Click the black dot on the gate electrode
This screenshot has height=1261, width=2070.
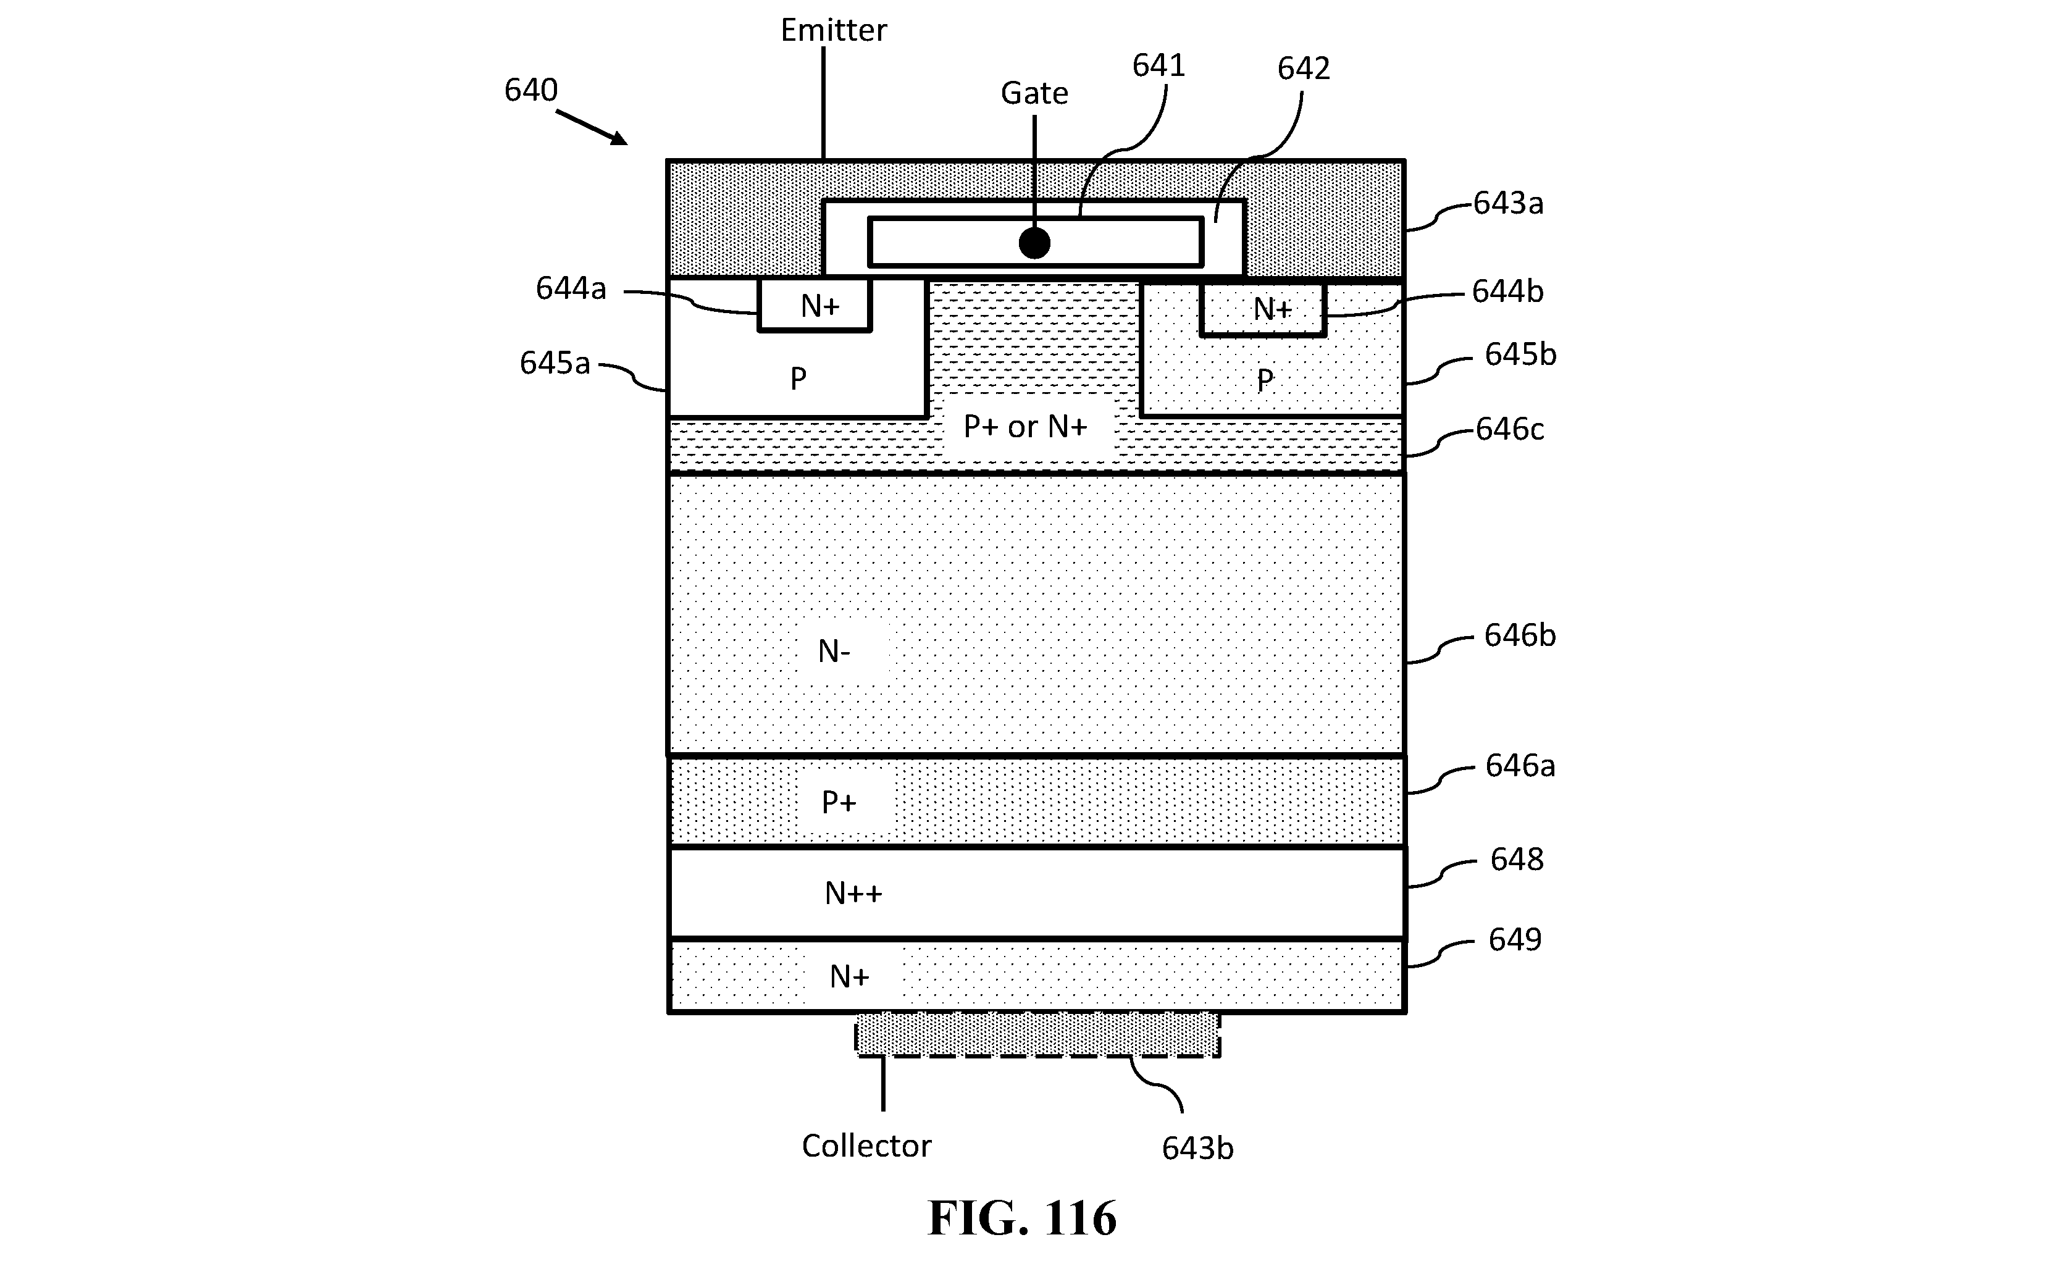1034,244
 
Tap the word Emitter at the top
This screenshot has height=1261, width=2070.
834,30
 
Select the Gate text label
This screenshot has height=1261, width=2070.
1034,93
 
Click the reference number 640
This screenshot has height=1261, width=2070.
531,90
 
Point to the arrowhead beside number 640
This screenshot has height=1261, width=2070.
619,138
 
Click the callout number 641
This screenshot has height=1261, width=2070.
1159,65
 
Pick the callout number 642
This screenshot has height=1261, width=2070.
1304,68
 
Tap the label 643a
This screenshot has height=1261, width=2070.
1508,203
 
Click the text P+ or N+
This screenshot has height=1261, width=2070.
1025,427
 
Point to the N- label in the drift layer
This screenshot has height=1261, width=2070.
834,651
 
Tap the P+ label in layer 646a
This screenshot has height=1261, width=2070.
839,802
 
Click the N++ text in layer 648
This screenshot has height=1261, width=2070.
853,893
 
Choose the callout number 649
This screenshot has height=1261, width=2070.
1515,939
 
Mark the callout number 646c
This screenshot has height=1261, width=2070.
1510,429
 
